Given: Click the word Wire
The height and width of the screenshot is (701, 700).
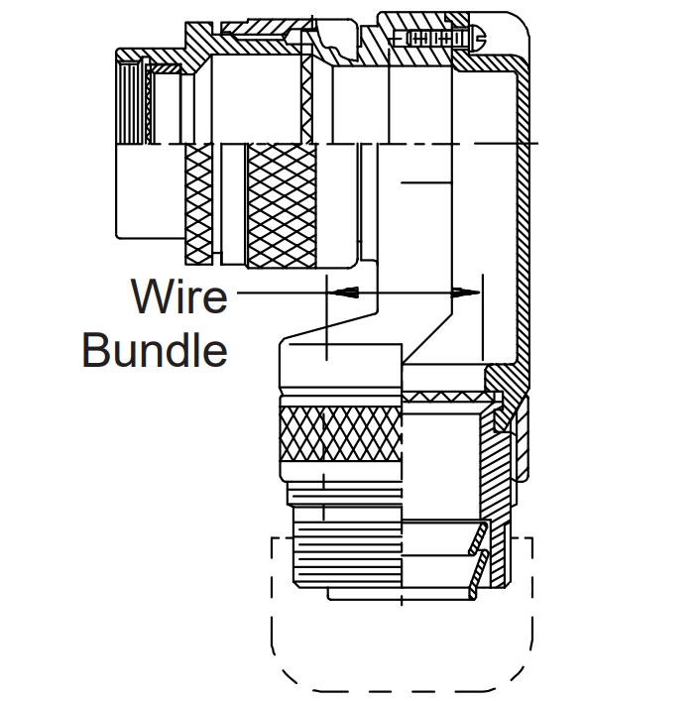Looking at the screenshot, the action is click(x=179, y=295).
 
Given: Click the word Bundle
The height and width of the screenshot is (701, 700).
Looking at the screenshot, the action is click(x=155, y=349).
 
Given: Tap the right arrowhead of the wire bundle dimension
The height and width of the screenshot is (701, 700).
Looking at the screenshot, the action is click(x=465, y=292).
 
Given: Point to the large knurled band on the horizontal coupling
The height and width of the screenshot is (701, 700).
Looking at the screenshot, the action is click(x=282, y=206).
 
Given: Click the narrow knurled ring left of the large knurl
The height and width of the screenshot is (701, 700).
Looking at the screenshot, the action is click(x=199, y=204).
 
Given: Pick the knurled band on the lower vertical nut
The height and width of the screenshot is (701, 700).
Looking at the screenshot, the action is click(x=341, y=434).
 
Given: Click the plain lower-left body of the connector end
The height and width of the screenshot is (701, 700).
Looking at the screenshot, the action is click(x=150, y=191).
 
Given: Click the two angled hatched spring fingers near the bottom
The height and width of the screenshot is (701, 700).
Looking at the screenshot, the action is click(x=478, y=560).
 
